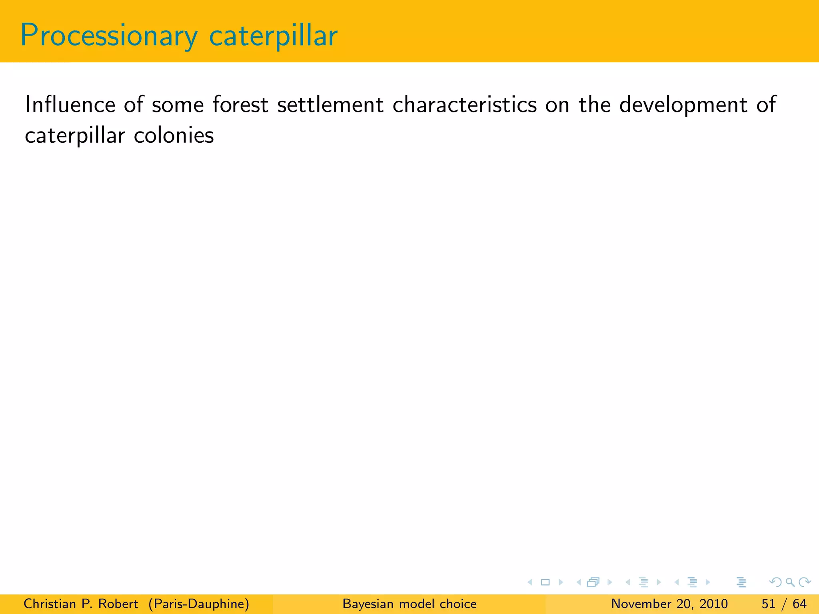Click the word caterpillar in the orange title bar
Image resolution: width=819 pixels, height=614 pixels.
pos(273,36)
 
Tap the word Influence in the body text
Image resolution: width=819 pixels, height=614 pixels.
pos(70,105)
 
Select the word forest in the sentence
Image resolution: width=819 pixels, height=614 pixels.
pos(240,105)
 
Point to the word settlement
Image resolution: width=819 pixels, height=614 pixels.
pos(330,105)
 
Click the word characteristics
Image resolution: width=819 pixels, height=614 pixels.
pos(464,105)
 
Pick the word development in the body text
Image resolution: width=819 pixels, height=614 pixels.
pos(683,105)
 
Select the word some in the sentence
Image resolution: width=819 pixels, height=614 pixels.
pos(178,105)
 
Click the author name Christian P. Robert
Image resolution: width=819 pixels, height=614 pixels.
pos(81,604)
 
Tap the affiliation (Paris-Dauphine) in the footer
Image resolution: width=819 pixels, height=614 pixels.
pos(199,604)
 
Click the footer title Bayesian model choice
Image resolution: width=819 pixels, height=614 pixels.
pos(409,604)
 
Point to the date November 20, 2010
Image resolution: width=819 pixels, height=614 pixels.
pos(669,604)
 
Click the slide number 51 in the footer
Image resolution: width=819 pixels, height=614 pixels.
pos(768,604)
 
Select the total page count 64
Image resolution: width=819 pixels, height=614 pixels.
pos(799,604)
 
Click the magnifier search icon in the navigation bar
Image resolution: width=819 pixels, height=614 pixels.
pos(790,582)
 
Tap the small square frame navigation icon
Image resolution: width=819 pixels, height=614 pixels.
pos(545,582)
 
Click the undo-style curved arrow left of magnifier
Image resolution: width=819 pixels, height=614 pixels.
pos(775,582)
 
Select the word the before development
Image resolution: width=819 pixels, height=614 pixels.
pos(595,105)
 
